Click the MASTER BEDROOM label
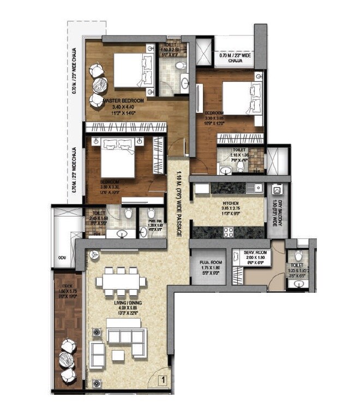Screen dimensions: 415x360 coord(124,101)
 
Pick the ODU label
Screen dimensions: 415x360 coord(61,259)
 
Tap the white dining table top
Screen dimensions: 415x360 coord(121,282)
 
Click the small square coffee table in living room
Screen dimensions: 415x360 coord(117,356)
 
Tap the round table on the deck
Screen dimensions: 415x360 coord(68,360)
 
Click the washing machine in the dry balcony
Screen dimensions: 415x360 coord(277,191)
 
